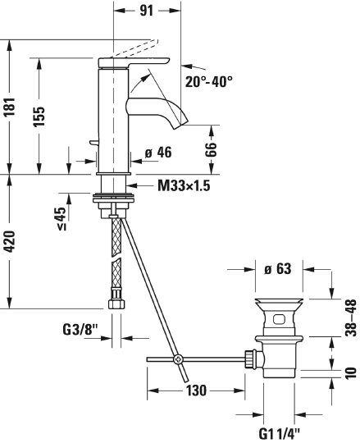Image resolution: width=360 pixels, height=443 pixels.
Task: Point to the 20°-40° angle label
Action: tap(208, 82)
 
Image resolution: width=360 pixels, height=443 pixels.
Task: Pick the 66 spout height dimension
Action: tap(210, 148)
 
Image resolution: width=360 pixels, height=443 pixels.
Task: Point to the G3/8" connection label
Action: tap(80, 330)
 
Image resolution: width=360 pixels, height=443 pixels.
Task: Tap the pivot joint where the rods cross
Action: tap(177, 359)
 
